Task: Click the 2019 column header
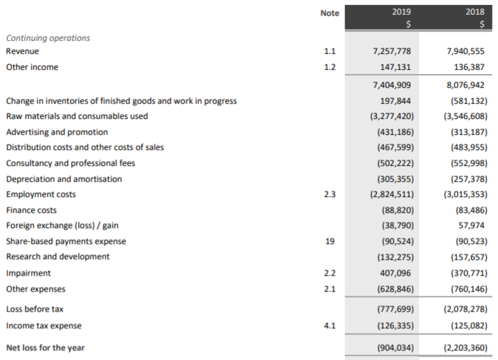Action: point(401,12)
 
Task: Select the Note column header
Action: point(330,13)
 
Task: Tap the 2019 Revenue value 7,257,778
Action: point(392,52)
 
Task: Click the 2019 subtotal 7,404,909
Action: point(392,86)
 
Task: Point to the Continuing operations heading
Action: point(48,38)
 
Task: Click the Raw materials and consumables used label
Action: point(77,116)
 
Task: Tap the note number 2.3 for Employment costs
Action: point(330,195)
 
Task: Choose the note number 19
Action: point(330,242)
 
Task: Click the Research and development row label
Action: point(57,256)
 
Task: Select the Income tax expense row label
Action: point(44,325)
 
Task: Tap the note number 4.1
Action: point(330,325)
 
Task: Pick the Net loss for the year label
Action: point(45,348)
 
